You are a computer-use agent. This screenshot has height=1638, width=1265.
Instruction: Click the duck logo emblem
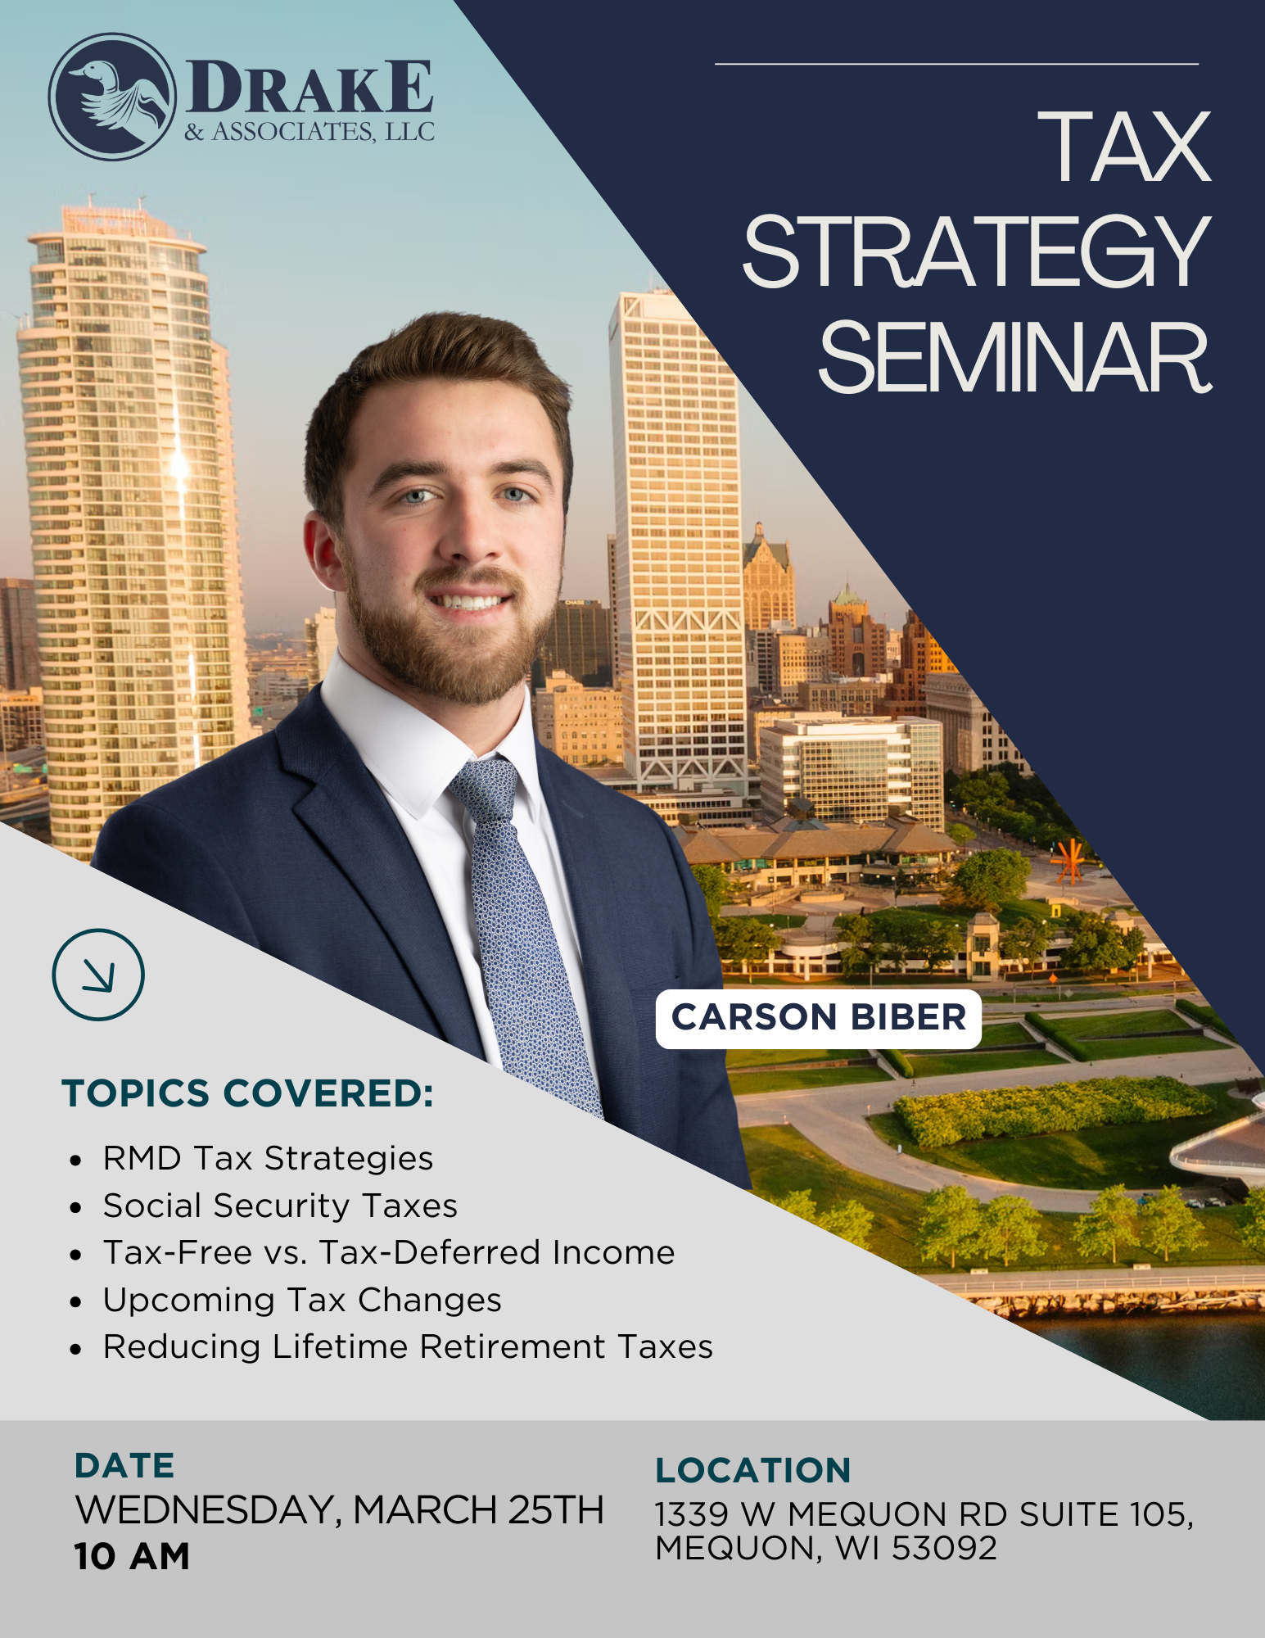(x=112, y=97)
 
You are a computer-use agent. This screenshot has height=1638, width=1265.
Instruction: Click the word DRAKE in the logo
(x=310, y=87)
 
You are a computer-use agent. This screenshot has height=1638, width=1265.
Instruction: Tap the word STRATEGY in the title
(x=976, y=251)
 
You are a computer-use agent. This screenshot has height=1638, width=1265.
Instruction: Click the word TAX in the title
(x=1125, y=147)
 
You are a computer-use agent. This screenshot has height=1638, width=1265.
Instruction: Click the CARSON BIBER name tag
(x=819, y=1018)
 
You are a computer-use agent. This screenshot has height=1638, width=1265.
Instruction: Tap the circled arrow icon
(x=98, y=975)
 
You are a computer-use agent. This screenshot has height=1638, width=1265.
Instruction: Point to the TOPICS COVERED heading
(x=247, y=1093)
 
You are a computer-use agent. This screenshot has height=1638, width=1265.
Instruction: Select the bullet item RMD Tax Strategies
(x=268, y=1159)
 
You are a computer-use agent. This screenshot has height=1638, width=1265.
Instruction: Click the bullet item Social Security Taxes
(x=280, y=1206)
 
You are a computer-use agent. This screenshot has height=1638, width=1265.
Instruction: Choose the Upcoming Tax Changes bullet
(x=302, y=1300)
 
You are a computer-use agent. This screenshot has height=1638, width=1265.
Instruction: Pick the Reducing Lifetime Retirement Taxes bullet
(x=408, y=1346)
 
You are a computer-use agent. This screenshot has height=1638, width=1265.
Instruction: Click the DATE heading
(x=124, y=1466)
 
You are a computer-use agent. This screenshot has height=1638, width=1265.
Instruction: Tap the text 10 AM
(x=132, y=1556)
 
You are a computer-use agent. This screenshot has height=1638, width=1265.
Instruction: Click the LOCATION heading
(x=753, y=1470)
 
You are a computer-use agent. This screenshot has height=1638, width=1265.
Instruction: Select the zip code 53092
(x=944, y=1548)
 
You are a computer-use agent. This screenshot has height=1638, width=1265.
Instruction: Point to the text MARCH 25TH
(x=479, y=1510)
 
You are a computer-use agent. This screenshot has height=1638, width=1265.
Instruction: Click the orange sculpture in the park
(x=1067, y=861)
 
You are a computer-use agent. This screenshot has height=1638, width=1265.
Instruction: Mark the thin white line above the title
(x=956, y=63)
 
